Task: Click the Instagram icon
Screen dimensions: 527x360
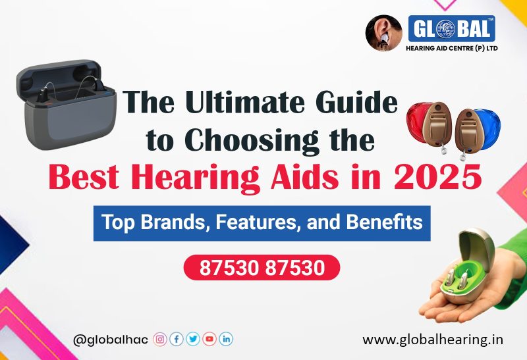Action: (x=160, y=340)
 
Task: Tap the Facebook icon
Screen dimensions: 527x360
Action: (x=177, y=340)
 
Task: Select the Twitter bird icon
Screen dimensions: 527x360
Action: (x=193, y=340)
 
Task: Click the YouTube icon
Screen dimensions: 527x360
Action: (x=209, y=340)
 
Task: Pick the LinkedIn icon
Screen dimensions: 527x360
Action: (x=226, y=340)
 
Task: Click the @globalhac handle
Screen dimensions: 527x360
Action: (x=111, y=340)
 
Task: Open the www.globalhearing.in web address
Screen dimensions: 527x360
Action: (x=433, y=340)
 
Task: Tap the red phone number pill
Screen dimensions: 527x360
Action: (x=262, y=268)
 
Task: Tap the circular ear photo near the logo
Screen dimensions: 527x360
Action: (x=383, y=33)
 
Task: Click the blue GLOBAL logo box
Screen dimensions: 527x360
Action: (x=451, y=29)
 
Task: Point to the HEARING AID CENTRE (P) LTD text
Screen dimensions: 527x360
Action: (x=452, y=48)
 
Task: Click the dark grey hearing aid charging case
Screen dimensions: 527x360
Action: (x=67, y=105)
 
